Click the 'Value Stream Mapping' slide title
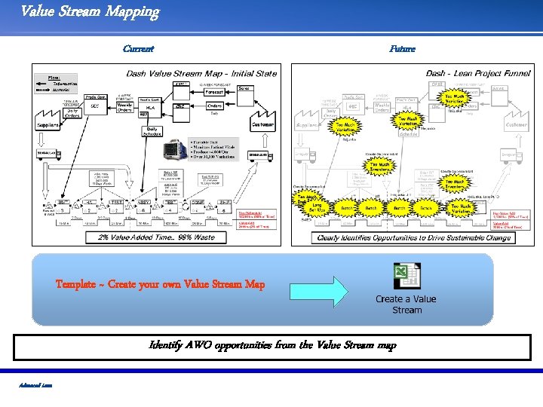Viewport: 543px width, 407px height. click(x=90, y=11)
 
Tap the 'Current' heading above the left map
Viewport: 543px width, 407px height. click(x=139, y=49)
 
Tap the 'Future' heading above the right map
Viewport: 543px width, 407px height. click(x=402, y=49)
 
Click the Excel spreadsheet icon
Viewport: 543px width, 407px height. click(x=406, y=276)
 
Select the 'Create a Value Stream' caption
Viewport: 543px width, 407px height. click(x=406, y=304)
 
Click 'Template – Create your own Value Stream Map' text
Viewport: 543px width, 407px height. click(x=160, y=285)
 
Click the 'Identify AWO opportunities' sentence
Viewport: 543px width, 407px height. click(x=272, y=346)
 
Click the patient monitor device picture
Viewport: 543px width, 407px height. click(x=179, y=148)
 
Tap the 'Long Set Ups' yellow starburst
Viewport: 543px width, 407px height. click(x=316, y=207)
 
